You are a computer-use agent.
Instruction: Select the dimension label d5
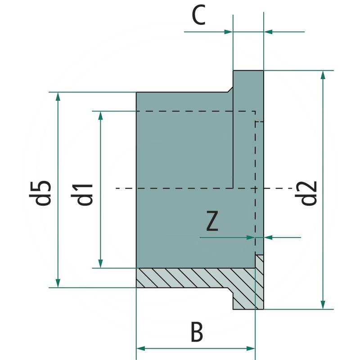coord(44,193)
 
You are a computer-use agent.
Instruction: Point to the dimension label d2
coord(309,193)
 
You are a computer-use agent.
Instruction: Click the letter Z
coord(212,221)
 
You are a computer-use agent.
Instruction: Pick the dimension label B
coord(197,333)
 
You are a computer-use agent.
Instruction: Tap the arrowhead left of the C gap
coord(229,31)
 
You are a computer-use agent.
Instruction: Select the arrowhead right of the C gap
coord(268,31)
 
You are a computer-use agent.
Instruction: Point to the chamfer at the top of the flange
coord(230,89)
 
